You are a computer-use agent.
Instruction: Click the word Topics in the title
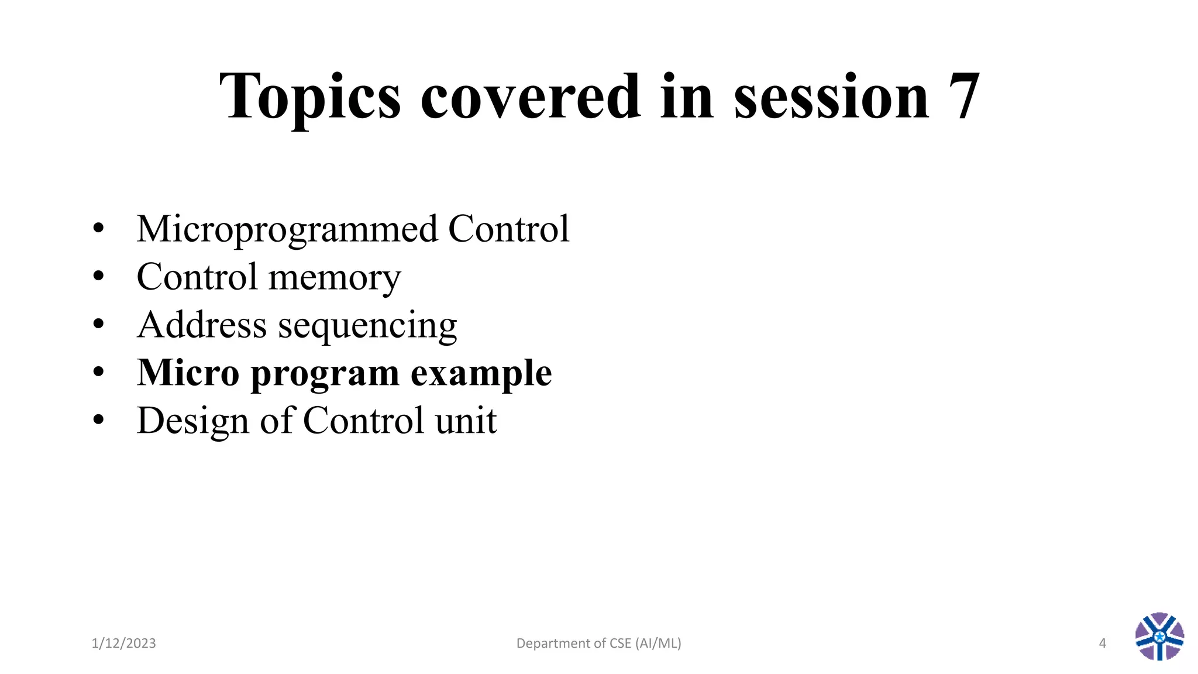point(310,97)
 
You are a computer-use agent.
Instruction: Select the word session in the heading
point(831,97)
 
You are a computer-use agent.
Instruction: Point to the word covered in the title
point(530,97)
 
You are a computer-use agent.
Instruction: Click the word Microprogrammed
point(287,229)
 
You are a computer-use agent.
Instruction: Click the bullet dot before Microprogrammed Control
point(98,228)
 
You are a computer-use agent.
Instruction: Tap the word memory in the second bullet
point(335,277)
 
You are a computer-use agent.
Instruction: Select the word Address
point(201,325)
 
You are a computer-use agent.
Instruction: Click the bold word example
point(481,374)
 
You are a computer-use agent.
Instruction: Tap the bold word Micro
point(188,373)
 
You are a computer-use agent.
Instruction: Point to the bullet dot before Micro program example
point(98,372)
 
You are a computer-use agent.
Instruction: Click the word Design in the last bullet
point(192,421)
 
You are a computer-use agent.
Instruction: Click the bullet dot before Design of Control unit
point(98,419)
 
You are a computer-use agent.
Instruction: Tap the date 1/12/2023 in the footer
point(123,644)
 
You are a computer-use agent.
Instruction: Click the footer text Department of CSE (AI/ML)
point(598,644)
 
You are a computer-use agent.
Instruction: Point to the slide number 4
point(1102,644)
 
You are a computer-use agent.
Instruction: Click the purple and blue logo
point(1159,637)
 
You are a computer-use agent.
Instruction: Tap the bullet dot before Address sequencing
point(98,324)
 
